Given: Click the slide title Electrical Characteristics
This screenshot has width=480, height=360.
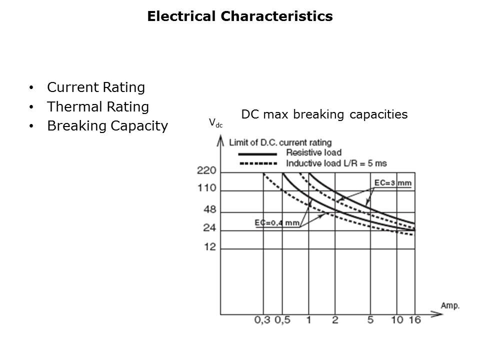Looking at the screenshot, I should click(x=239, y=16).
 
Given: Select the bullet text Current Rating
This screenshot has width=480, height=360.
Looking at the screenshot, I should click(x=95, y=87).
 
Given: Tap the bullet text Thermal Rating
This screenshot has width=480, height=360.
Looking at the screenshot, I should click(x=97, y=107).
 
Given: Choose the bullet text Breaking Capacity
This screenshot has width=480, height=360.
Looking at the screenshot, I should click(x=107, y=126).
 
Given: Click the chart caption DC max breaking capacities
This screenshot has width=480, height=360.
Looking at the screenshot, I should click(x=324, y=114).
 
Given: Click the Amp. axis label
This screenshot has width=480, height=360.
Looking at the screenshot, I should click(x=450, y=305).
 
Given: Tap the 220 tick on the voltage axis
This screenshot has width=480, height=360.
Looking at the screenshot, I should click(x=206, y=171).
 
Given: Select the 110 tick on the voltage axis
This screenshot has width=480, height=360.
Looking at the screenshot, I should click(x=206, y=188).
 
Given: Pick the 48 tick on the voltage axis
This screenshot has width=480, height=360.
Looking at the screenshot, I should click(x=209, y=208).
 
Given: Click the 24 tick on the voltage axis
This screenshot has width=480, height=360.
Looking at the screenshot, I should click(x=209, y=228).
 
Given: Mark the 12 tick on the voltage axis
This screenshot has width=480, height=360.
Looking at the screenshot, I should click(x=209, y=247).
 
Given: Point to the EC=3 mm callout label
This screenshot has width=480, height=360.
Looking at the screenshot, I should click(x=392, y=183).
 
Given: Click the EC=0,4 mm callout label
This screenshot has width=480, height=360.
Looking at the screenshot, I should click(x=277, y=222).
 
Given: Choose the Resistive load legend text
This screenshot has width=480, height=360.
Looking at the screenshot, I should click(x=313, y=152).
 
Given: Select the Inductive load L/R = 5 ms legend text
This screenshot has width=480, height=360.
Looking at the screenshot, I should click(x=336, y=163).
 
